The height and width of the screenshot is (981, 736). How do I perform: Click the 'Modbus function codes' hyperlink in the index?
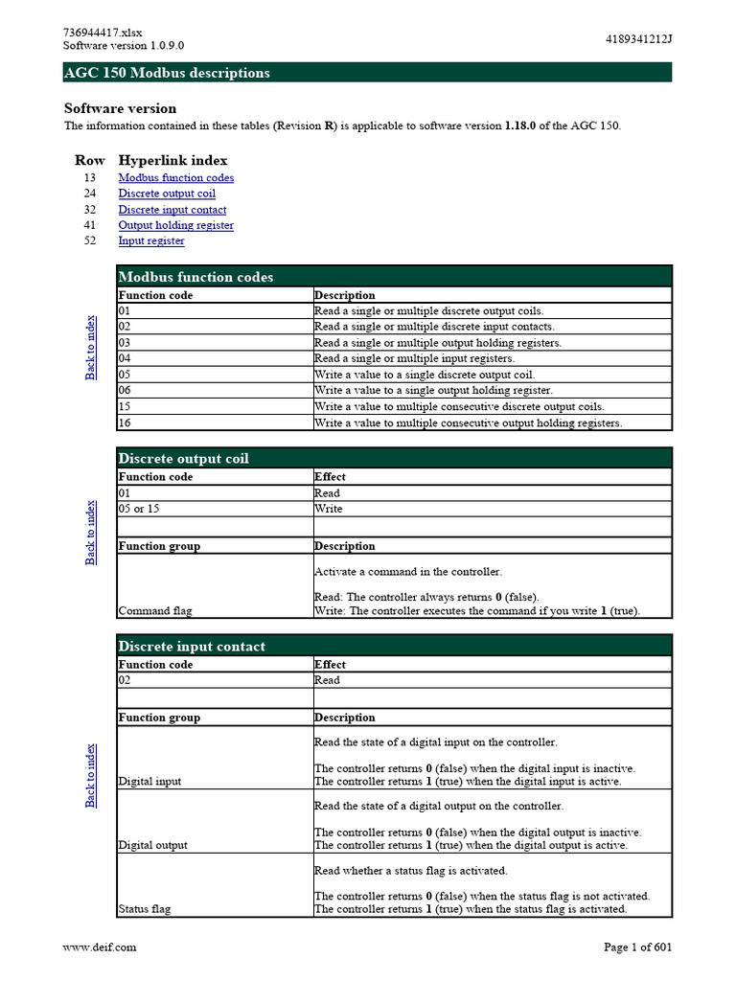pyautogui.click(x=175, y=177)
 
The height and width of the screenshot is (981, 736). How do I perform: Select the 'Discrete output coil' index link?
pyautogui.click(x=167, y=194)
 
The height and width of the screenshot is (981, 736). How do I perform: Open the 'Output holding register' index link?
pyautogui.click(x=175, y=225)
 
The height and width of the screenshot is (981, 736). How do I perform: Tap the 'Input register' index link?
pyautogui.click(x=151, y=240)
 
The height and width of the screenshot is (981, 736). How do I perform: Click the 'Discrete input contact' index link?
pyautogui.click(x=172, y=210)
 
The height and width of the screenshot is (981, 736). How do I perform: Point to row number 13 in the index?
pyautogui.click(x=89, y=177)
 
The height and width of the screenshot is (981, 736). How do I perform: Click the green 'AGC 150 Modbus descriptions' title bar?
pyautogui.click(x=367, y=73)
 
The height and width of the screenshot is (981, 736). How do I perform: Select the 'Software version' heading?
pyautogui.click(x=120, y=108)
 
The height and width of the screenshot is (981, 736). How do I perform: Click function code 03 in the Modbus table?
pyautogui.click(x=125, y=343)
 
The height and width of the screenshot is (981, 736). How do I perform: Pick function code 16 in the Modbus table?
pyautogui.click(x=125, y=422)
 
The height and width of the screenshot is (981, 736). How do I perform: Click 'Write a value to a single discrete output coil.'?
pyautogui.click(x=425, y=375)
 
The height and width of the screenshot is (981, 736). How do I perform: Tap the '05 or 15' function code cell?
pyautogui.click(x=139, y=509)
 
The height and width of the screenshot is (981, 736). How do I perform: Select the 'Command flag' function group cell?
pyautogui.click(x=155, y=610)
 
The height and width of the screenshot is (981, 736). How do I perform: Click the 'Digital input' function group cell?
pyautogui.click(x=149, y=781)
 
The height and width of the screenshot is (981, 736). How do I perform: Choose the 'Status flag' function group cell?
pyautogui.click(x=145, y=908)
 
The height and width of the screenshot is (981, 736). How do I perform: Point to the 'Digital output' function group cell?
pyautogui.click(x=152, y=845)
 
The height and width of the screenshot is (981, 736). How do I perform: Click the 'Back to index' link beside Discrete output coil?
pyautogui.click(x=91, y=532)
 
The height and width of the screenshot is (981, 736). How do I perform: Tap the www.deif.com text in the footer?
pyautogui.click(x=100, y=947)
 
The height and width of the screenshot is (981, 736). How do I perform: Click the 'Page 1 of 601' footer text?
pyautogui.click(x=637, y=947)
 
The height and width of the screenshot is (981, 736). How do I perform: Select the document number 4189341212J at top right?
pyautogui.click(x=639, y=39)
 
